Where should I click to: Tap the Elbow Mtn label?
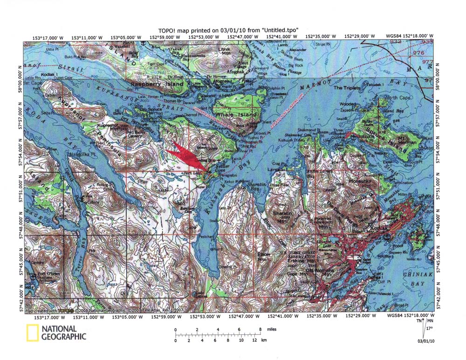click(264, 256)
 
